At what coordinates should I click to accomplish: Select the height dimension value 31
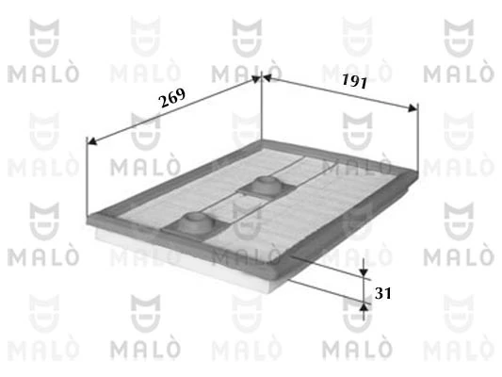383,293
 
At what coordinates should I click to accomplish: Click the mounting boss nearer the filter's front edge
194,224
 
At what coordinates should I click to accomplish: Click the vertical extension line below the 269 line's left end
88,179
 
